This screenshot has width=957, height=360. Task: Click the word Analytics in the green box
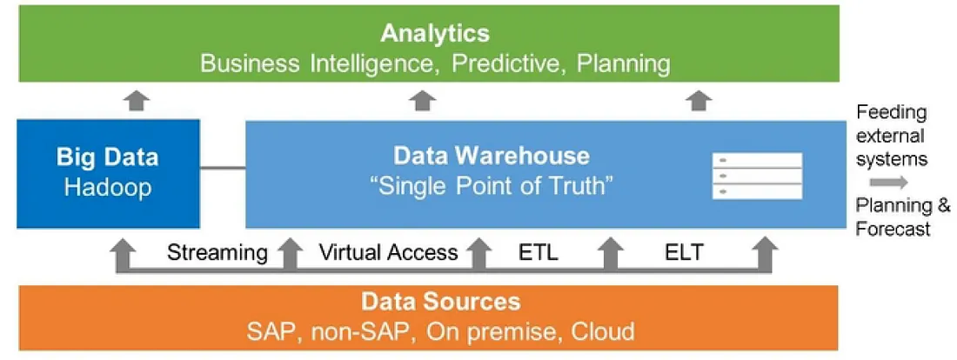point(435,34)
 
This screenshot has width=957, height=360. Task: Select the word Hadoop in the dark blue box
point(108,188)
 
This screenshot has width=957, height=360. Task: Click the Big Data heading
point(108,157)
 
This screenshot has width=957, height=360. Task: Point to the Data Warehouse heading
point(492,156)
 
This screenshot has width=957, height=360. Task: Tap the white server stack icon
point(757,177)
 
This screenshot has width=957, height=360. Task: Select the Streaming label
point(217,253)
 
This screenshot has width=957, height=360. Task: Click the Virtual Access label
point(388,253)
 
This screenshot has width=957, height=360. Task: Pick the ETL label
point(539,253)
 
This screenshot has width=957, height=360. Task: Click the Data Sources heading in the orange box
point(441,302)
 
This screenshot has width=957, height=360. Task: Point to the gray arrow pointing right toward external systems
point(889,183)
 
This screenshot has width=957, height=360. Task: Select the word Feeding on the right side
point(892,113)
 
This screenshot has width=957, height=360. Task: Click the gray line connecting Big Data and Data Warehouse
point(223,168)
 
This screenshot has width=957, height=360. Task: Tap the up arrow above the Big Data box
point(135,101)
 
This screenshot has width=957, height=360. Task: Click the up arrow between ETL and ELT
point(611,256)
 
